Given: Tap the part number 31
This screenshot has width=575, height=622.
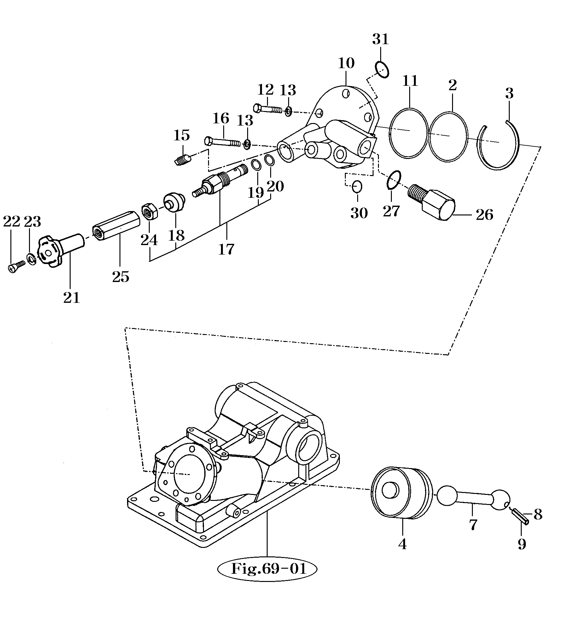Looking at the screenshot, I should (x=380, y=39).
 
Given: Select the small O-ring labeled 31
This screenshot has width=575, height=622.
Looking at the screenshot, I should (x=382, y=69).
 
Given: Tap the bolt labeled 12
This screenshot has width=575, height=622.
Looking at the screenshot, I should (x=269, y=109).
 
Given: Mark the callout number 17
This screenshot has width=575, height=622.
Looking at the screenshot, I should (x=226, y=249).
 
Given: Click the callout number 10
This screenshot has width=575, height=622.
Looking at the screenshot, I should (x=346, y=63).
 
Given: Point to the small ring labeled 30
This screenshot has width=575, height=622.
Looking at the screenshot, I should (x=357, y=187).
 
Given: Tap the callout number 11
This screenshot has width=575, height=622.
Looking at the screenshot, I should (x=410, y=81).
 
